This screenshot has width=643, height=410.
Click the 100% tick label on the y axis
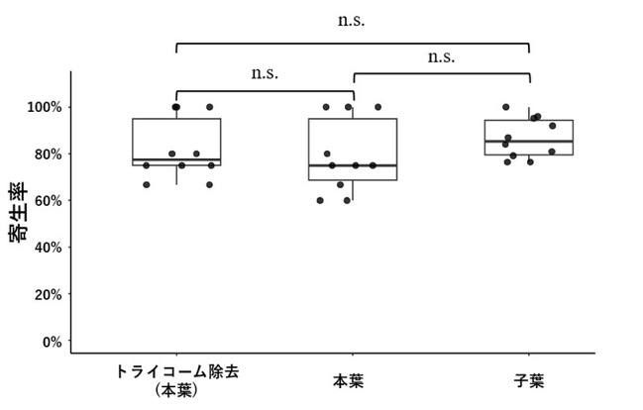(x=45, y=107)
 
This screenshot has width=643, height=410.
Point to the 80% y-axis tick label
(x=48, y=154)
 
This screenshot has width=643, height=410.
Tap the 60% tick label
(x=48, y=201)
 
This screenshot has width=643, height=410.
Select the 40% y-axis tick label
(x=48, y=248)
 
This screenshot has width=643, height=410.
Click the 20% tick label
(x=48, y=295)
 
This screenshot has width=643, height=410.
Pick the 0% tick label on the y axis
(x=53, y=342)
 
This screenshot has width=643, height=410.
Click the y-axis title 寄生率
(x=18, y=212)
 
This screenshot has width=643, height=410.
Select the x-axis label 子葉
(x=529, y=381)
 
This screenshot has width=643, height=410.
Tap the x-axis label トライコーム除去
(x=177, y=371)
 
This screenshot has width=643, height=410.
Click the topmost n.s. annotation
(x=351, y=21)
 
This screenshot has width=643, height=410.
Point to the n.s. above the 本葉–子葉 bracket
(x=441, y=57)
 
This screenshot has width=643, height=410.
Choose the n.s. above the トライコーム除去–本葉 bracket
(x=265, y=74)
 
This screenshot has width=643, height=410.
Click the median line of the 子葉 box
(x=529, y=141)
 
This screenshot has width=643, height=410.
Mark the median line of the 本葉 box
(x=353, y=165)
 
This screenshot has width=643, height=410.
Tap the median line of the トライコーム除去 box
(x=176, y=159)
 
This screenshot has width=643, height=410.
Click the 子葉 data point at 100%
(x=506, y=107)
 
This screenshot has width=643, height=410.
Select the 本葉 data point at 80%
(x=327, y=154)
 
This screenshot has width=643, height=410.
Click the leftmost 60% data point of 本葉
(x=320, y=200)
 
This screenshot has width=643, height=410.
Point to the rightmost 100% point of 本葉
(x=378, y=107)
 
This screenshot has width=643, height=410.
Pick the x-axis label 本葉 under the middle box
(x=348, y=381)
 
